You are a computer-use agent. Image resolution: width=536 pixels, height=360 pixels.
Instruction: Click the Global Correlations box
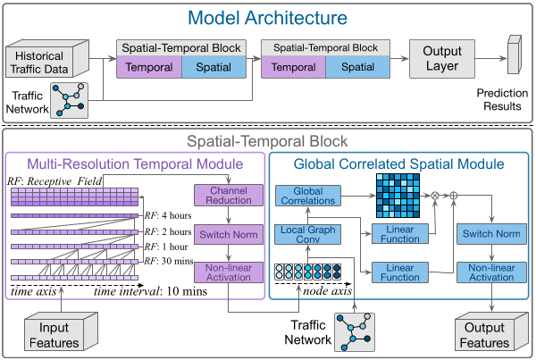point(308,197)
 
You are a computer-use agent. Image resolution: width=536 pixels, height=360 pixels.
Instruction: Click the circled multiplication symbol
point(436,193)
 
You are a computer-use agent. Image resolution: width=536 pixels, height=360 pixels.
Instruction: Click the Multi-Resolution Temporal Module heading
point(135,164)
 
